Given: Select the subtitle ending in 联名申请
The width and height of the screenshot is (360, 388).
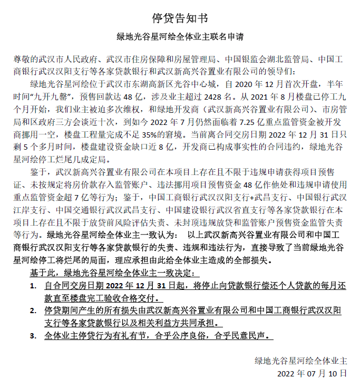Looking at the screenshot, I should click(x=180, y=38).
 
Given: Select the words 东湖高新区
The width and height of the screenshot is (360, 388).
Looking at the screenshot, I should click(x=169, y=83).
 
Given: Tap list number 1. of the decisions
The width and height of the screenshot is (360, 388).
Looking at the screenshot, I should click(x=33, y=286).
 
